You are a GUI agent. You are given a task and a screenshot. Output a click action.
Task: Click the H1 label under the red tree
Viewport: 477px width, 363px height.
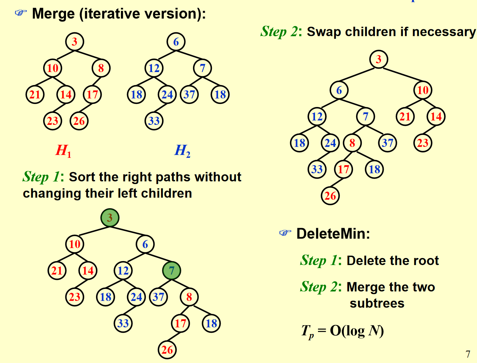pos(63,151)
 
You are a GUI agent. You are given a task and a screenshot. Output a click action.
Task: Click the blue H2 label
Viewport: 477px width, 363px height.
pos(182,151)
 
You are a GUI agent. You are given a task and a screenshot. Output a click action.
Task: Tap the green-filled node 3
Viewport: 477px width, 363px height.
pos(110,218)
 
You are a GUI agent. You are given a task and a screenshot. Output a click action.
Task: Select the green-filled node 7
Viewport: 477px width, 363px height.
pos(171,270)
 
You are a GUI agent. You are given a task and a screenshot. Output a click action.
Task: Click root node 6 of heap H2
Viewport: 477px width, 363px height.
pos(176,42)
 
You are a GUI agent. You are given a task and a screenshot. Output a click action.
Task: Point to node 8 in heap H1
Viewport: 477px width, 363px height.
pos(101,68)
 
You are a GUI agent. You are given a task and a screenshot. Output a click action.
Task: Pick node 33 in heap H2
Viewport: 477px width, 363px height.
pos(154,121)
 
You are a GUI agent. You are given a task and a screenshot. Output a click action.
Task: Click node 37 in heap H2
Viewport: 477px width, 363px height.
pos(189,95)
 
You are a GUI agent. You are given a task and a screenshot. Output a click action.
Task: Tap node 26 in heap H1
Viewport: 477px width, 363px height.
pos(79,121)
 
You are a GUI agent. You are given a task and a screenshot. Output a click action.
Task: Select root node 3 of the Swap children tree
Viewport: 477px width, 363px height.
pos(379,60)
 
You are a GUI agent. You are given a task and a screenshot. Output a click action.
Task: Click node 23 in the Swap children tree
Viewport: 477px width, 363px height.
pos(423,143)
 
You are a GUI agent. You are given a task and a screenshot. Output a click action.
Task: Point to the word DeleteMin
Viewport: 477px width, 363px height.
pos(333,234)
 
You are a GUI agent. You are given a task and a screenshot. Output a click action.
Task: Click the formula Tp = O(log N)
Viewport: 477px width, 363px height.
pos(342,331)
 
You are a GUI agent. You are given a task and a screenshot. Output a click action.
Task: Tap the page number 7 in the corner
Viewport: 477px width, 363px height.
pos(468,354)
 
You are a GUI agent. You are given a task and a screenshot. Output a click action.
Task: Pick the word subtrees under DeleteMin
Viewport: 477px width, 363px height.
pos(377,303)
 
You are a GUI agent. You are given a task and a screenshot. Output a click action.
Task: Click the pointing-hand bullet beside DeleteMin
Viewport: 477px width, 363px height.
pos(285,233)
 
